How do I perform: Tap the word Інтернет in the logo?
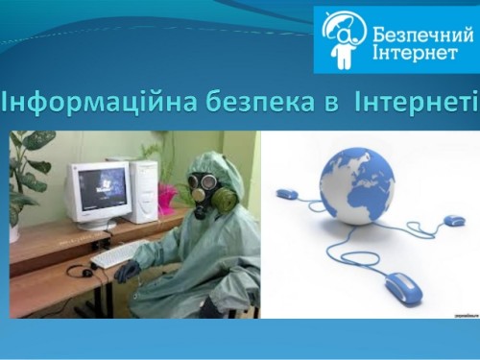coord(409,53)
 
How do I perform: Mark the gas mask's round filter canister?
coord(223,200)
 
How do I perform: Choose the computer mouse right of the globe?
coord(454,221)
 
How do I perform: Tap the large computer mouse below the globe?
coord(403,285)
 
